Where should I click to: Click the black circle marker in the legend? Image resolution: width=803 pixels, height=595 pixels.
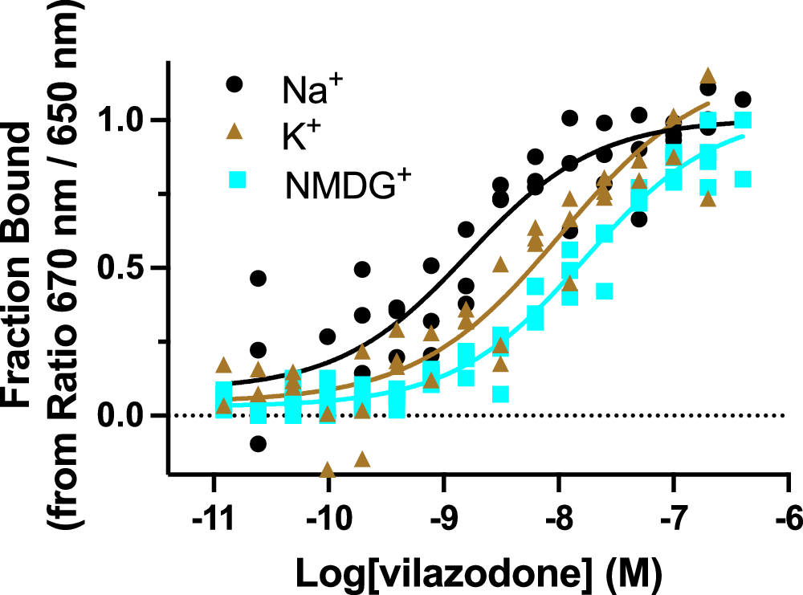(234, 84)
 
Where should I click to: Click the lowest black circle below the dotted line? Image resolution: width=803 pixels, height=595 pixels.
(258, 443)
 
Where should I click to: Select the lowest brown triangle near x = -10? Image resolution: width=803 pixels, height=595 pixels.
(327, 470)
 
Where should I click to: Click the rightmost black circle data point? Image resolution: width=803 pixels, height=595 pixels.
(743, 100)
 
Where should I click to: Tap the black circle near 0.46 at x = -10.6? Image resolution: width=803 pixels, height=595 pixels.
(258, 279)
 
